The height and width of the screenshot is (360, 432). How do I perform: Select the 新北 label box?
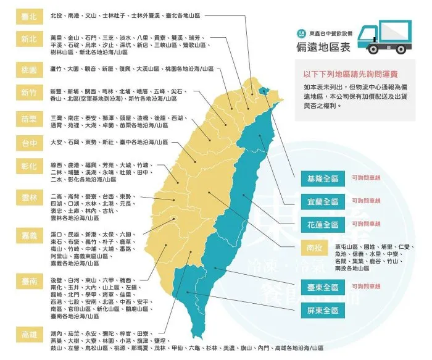pos(28,39)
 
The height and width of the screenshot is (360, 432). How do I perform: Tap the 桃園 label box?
pos(28,69)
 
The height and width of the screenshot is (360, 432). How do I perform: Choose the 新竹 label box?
pos(28,94)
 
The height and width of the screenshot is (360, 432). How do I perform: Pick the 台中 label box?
pos(28,143)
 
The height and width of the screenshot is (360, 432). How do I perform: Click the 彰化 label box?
pos(28,167)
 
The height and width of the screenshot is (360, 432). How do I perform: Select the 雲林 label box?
pos(28,197)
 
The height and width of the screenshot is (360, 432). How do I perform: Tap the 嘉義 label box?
pos(28,237)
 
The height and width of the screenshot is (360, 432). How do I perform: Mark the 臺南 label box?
pos(28,282)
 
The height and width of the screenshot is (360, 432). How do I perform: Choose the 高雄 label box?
pos(28,334)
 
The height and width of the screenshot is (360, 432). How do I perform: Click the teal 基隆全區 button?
pos(323,179)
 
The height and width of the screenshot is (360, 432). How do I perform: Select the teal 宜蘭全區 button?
pos(323,201)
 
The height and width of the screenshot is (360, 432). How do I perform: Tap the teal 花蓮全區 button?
pos(323,224)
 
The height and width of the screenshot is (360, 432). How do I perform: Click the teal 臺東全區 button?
pos(323,288)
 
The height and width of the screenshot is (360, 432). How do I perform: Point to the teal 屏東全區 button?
pos(323,310)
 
